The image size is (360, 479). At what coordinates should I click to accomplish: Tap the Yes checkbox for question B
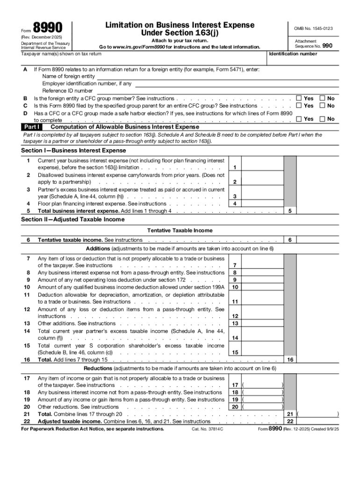click(x=299, y=99)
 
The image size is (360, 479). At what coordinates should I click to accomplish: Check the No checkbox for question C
click(x=322, y=106)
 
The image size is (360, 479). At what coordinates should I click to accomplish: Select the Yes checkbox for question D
click(x=299, y=119)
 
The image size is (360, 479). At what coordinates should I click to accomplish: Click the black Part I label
click(x=32, y=127)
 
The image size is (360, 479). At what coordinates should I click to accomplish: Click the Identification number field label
click(x=293, y=54)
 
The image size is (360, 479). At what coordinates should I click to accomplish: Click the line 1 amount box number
click(x=234, y=167)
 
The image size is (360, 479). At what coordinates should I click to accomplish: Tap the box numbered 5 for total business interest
click(x=290, y=211)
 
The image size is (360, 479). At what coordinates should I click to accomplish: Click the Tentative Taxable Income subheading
click(x=180, y=230)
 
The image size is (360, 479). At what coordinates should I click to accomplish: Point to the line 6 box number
click(x=290, y=240)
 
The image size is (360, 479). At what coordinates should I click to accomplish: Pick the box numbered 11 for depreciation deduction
click(x=235, y=302)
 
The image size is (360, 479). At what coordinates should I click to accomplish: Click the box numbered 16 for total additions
click(x=290, y=360)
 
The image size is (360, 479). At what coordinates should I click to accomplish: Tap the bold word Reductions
click(x=97, y=368)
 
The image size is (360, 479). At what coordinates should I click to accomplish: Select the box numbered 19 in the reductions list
click(x=235, y=399)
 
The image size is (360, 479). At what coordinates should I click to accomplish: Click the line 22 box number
click(x=290, y=421)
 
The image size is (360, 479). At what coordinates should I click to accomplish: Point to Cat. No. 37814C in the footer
click(x=207, y=428)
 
